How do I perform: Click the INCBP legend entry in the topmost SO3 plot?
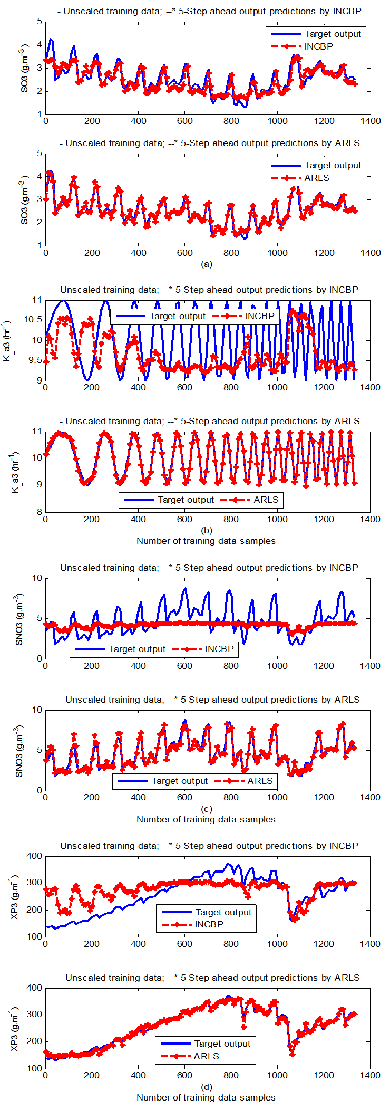318,46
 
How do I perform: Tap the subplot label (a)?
207,264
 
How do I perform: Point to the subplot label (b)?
207,530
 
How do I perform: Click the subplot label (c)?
207,809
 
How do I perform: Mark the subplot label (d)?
207,1087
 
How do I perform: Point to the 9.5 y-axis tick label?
35,360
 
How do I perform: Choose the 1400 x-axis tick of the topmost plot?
370,121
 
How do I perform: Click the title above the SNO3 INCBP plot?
207,568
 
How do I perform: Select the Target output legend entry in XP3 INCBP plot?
223,912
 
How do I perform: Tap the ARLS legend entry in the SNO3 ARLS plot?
260,781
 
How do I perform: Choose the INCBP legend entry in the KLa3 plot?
260,316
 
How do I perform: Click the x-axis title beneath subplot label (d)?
206,1097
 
